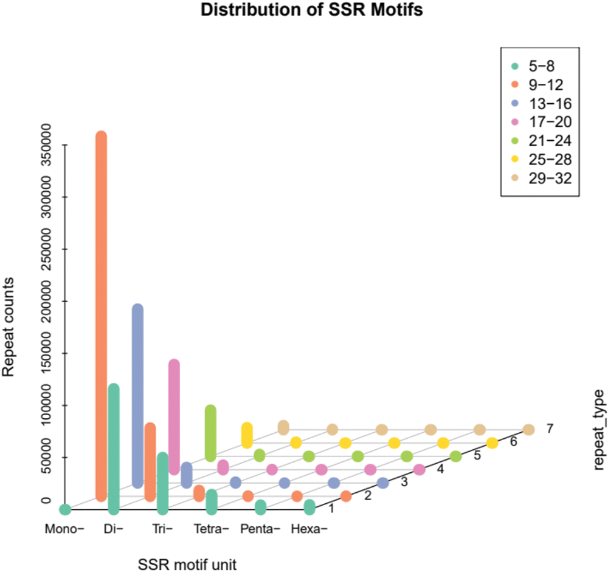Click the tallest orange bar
(101, 316)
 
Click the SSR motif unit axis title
(187, 564)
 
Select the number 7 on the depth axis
(550, 429)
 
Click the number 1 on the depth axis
(331, 507)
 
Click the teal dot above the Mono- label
(65, 509)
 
